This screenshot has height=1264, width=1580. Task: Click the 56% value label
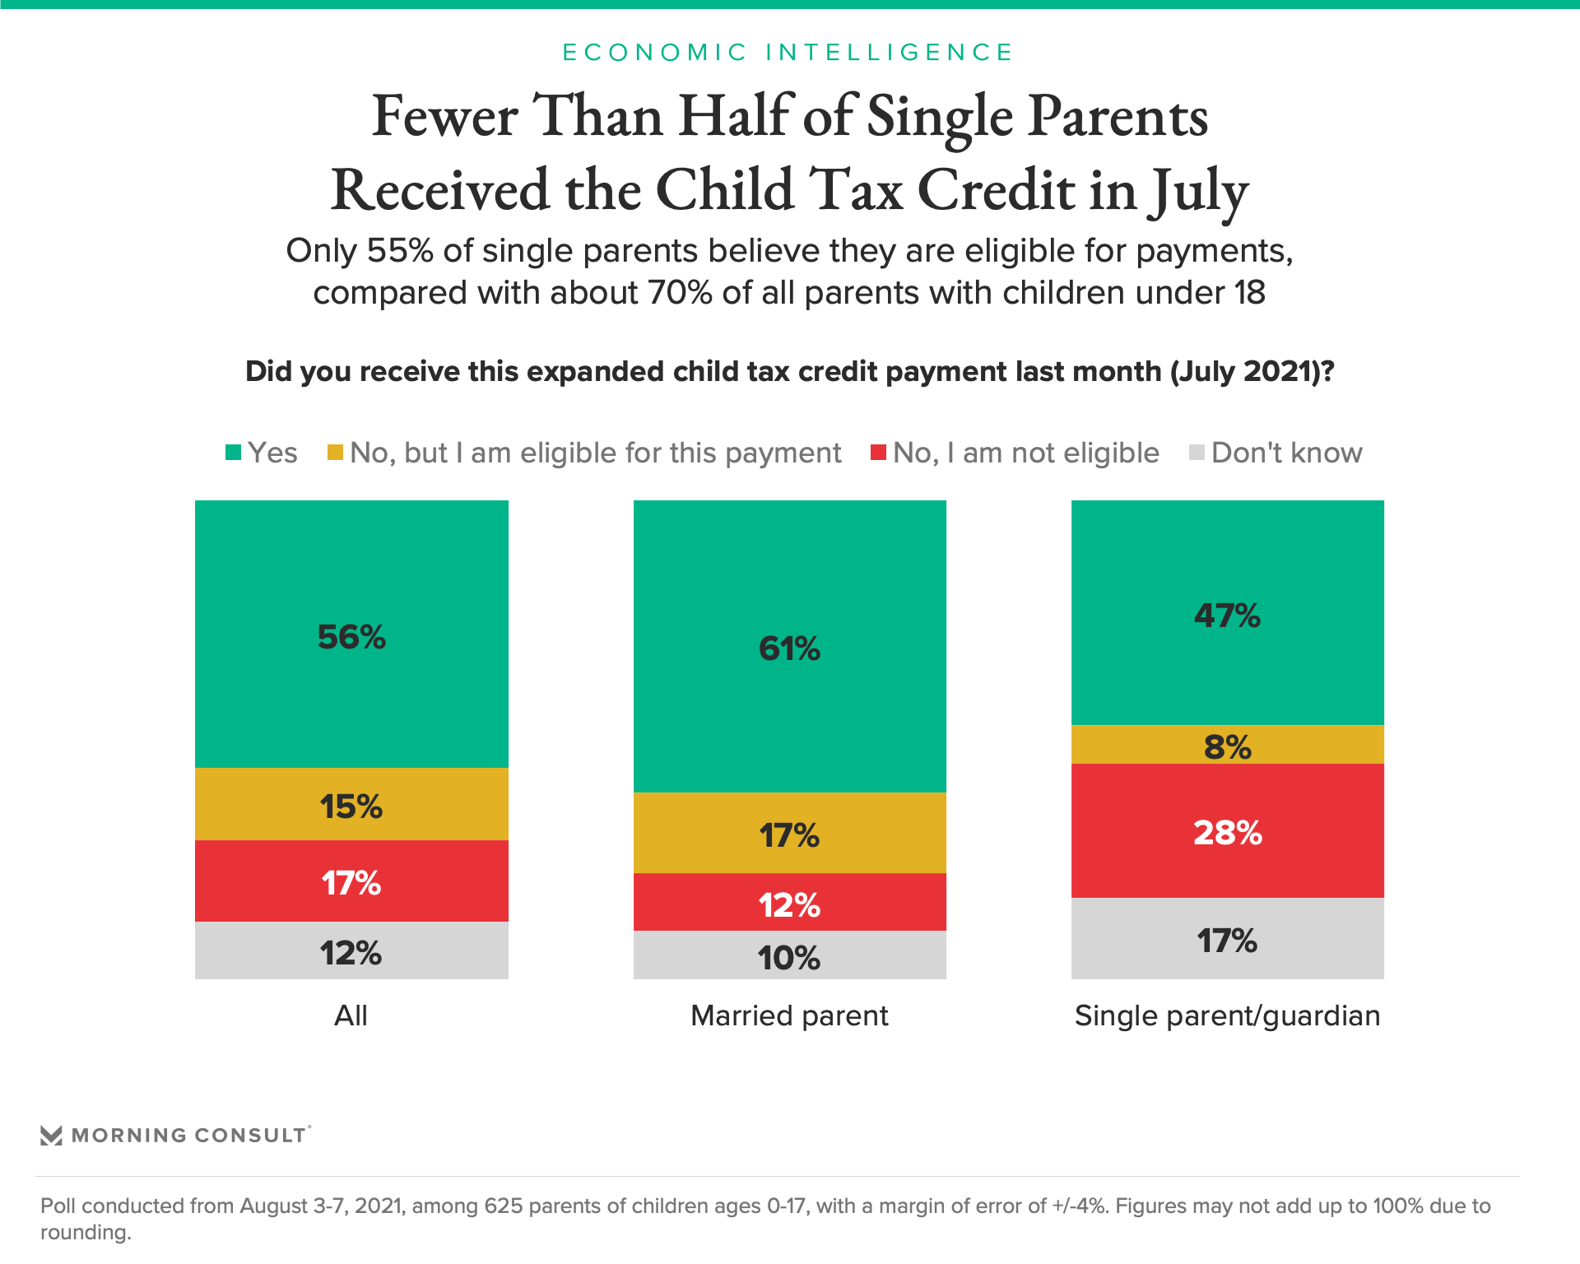pyautogui.click(x=351, y=637)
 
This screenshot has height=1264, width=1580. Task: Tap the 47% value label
pyautogui.click(x=1227, y=616)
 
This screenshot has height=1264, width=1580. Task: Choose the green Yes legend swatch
pyautogui.click(x=234, y=452)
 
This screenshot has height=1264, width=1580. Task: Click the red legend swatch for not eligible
pyautogui.click(x=878, y=452)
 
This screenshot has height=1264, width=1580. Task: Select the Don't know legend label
pyautogui.click(x=1287, y=453)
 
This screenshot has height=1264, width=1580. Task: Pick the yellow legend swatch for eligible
pyautogui.click(x=335, y=452)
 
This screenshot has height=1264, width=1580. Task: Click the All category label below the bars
pyautogui.click(x=351, y=1015)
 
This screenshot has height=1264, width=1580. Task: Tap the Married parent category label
pyautogui.click(x=789, y=1015)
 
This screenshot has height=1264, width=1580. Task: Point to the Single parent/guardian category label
pyautogui.click(x=1227, y=1015)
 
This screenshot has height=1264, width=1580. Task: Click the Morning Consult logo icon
pyautogui.click(x=51, y=1136)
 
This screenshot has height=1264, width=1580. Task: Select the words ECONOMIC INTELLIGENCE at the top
pyautogui.click(x=788, y=53)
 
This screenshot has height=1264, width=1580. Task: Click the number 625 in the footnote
pyautogui.click(x=502, y=1206)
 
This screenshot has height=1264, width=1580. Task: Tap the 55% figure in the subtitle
pyautogui.click(x=400, y=251)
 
